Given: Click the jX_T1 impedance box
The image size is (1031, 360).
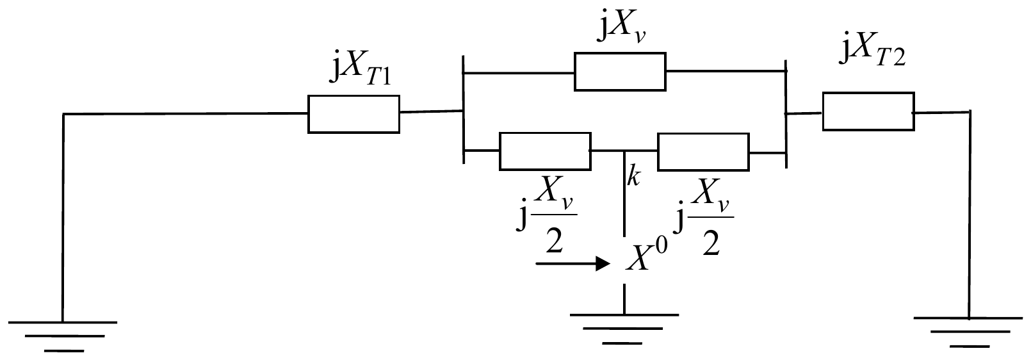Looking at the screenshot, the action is tap(353, 114).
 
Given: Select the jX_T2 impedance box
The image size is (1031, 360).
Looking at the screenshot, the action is tap(868, 111).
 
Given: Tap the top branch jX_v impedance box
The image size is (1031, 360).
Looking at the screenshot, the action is tap(620, 72).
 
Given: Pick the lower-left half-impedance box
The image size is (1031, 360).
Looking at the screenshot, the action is tap(545, 151).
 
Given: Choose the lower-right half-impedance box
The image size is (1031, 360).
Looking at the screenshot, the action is tap(703, 152).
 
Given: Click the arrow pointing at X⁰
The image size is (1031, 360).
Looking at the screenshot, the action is tap(573, 264).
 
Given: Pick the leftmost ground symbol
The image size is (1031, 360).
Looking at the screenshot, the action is tap(63, 336).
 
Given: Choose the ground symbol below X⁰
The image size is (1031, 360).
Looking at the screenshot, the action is tap(624, 329).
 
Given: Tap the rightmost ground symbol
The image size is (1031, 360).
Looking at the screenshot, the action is tap(968, 331).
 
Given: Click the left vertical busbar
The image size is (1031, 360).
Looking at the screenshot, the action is tap(464, 110).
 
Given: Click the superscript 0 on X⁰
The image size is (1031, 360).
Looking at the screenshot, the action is tap(660, 247).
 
